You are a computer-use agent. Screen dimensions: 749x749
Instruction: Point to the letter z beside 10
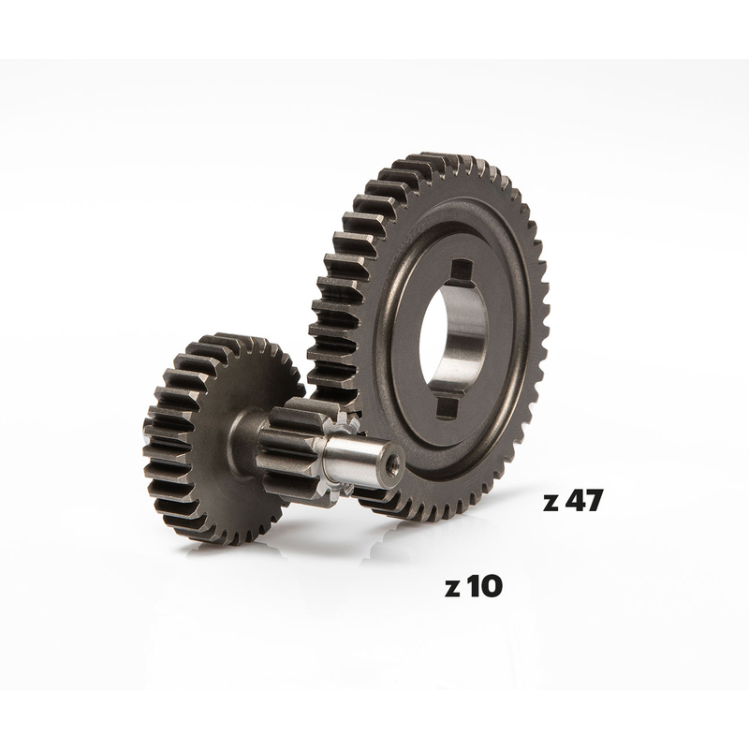pos(452,590)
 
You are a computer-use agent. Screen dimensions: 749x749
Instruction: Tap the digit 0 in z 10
pos(490,587)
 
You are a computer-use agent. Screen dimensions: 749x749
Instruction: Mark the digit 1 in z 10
pos(472,587)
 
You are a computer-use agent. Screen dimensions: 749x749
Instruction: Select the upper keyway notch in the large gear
pos(461,271)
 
